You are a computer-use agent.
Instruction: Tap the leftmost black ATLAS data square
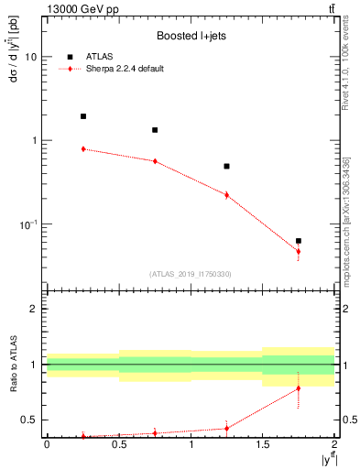[83, 116]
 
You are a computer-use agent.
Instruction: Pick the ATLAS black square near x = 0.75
[155, 130]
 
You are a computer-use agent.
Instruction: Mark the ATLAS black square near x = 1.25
[226, 167]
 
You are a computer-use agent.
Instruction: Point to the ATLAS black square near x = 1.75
[299, 241]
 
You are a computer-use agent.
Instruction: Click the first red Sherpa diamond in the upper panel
[83, 148]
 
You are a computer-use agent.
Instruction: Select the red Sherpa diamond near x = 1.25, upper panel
[226, 194]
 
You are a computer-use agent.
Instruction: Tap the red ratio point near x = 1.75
[299, 388]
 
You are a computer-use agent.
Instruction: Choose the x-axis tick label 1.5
[263, 444]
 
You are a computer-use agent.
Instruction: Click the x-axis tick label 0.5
[119, 444]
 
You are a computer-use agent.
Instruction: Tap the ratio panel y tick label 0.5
[30, 420]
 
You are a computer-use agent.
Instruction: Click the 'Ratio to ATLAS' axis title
[12, 365]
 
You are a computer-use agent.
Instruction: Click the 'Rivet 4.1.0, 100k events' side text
[345, 78]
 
